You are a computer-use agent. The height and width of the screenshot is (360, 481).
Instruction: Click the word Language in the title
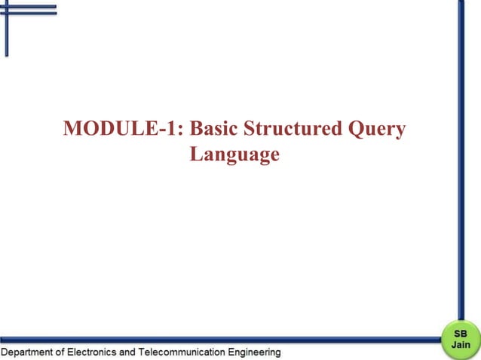[x=234, y=155]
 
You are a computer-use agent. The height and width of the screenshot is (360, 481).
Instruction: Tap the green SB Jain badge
[x=461, y=338]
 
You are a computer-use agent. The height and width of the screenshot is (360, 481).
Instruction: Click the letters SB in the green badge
[x=461, y=333]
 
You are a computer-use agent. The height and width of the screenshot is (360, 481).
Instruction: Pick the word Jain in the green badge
[x=461, y=344]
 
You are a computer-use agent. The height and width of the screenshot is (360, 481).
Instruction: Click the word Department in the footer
[x=29, y=352]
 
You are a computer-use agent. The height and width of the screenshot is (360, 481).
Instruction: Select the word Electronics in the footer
[x=94, y=352]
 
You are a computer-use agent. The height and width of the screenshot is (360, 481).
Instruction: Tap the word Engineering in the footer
[x=253, y=352]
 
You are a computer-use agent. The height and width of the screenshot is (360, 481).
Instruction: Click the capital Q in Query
[x=357, y=130]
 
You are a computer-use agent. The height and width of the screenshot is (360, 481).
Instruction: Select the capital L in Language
[x=196, y=154]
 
